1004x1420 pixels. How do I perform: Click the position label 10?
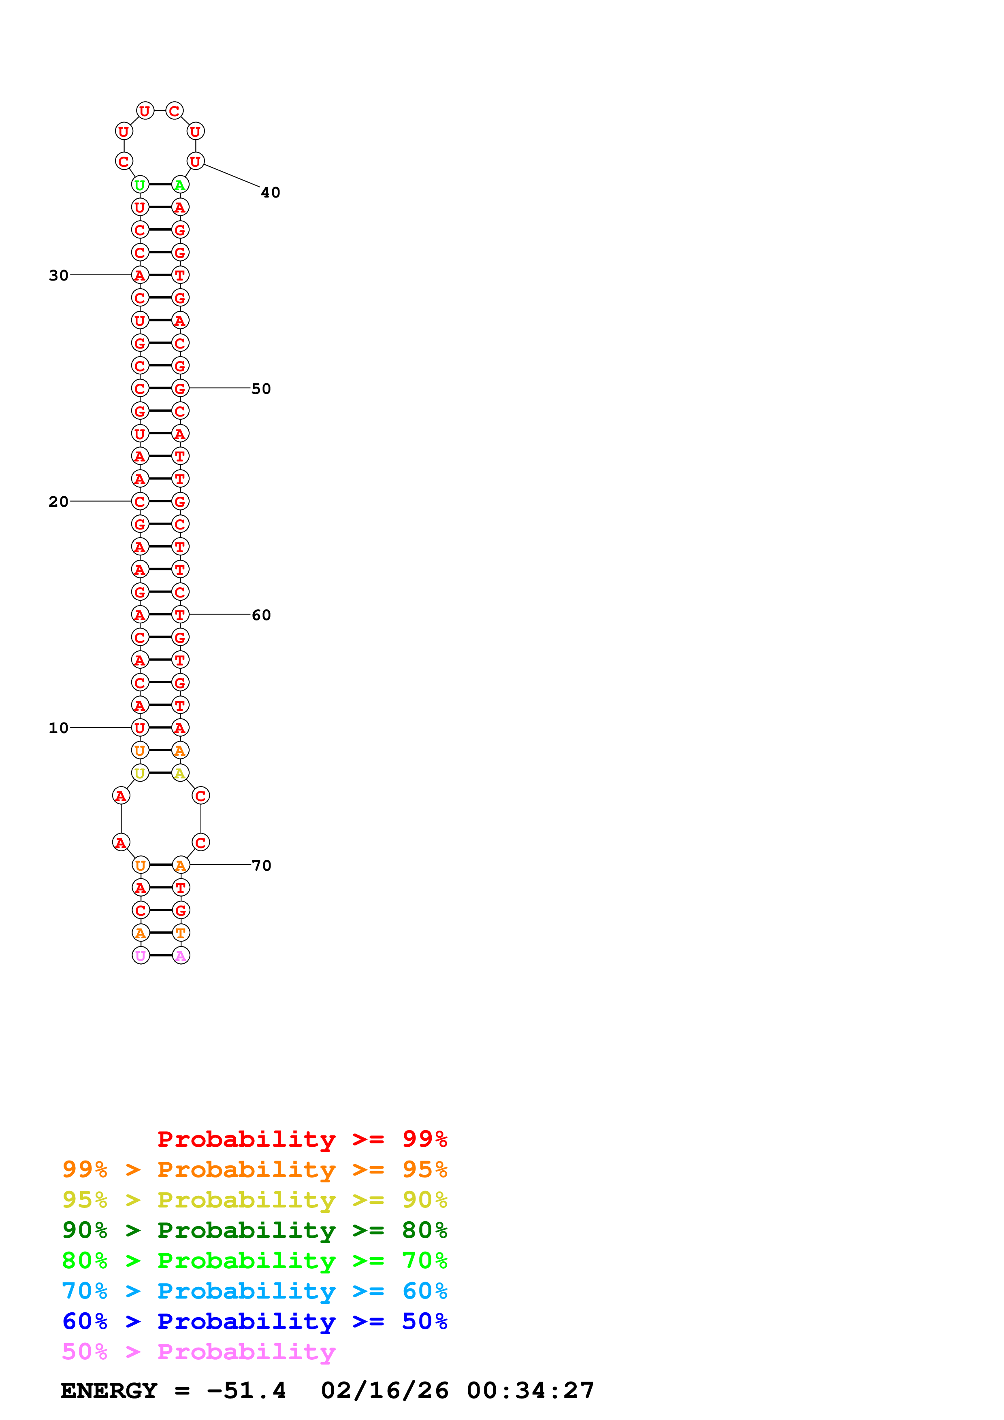58,728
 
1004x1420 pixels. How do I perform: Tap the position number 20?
58,502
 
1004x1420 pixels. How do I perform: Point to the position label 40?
270,193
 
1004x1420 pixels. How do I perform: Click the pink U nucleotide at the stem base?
141,956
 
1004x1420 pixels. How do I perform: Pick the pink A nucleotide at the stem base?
181,956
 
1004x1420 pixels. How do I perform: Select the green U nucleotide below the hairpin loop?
140,185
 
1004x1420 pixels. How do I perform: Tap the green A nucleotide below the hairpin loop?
180,185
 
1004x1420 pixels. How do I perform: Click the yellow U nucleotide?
140,773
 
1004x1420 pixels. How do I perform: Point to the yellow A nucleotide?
180,773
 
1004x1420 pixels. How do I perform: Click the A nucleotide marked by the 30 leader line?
140,275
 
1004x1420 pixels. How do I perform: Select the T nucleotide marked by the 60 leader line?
180,615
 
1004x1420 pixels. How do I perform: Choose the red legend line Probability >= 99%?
302,1139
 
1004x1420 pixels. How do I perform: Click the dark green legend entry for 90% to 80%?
254,1230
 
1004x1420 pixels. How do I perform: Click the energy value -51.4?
246,1390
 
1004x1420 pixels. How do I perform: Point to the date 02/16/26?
385,1390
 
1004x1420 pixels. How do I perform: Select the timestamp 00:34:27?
530,1390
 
